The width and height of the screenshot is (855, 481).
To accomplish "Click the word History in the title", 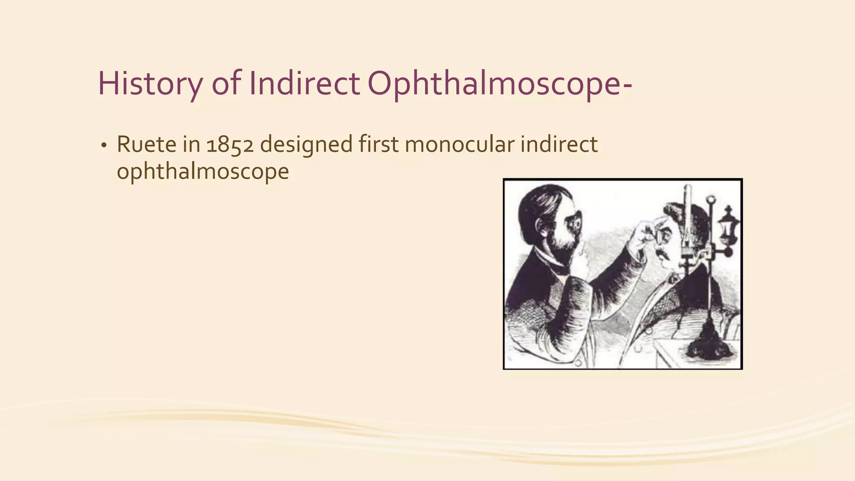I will coord(149,84).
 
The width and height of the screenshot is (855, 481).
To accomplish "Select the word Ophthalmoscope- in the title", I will coord(500,84).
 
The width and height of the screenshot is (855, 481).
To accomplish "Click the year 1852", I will coord(230,144).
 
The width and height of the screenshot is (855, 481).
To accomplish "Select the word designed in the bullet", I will coord(306,144).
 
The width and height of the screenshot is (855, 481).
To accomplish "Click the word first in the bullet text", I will coord(379,144).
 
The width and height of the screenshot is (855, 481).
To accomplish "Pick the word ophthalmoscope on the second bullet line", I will coord(203,172).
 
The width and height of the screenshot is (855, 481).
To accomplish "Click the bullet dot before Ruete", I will coord(103,146).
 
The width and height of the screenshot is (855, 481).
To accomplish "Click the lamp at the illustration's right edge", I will coord(729,228).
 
